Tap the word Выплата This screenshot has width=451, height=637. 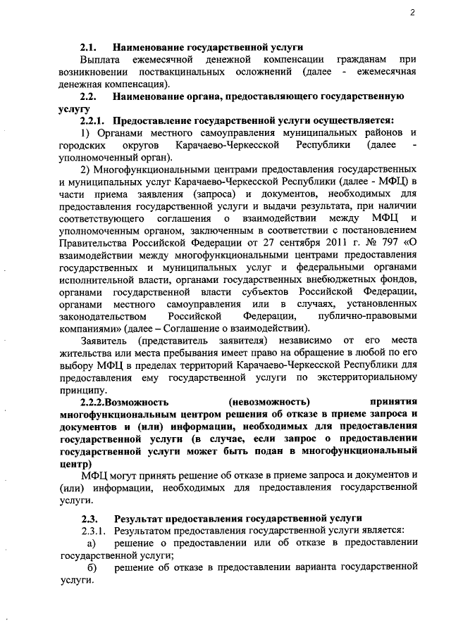98,61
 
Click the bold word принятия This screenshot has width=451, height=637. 393,402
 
